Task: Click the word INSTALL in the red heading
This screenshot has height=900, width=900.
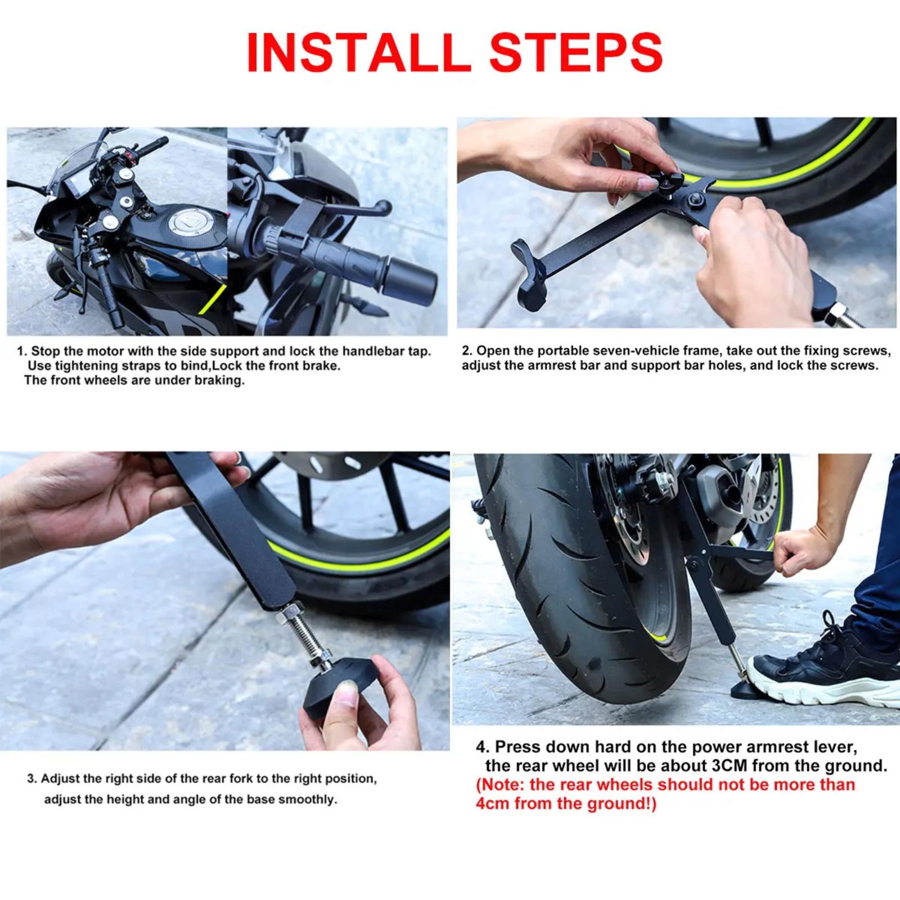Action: coord(358,52)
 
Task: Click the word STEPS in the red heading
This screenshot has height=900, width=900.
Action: coord(576,52)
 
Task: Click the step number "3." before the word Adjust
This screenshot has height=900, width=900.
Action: coord(33,779)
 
